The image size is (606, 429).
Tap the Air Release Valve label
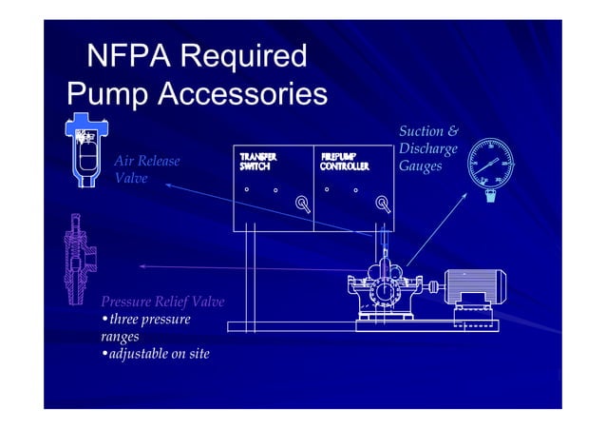(146, 169)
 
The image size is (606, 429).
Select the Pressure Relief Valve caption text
(162, 302)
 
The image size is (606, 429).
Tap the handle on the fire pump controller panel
(383, 203)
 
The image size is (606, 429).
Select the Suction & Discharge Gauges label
(428, 148)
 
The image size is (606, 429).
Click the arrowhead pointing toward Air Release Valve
(167, 185)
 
